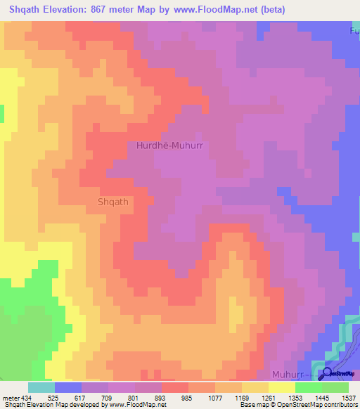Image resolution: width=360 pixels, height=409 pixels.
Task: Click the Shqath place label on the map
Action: [112, 202]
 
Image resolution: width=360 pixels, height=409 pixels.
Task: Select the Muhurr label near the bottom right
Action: [289, 377]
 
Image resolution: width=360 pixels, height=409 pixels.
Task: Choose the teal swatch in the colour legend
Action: [41, 387]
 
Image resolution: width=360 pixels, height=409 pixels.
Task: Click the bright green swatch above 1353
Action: [308, 387]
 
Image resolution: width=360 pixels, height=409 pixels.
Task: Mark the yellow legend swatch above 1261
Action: [255, 387]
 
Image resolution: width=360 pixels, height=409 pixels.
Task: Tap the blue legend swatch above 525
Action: [68, 387]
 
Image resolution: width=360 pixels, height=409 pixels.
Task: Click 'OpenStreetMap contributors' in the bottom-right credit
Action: [316, 405]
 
